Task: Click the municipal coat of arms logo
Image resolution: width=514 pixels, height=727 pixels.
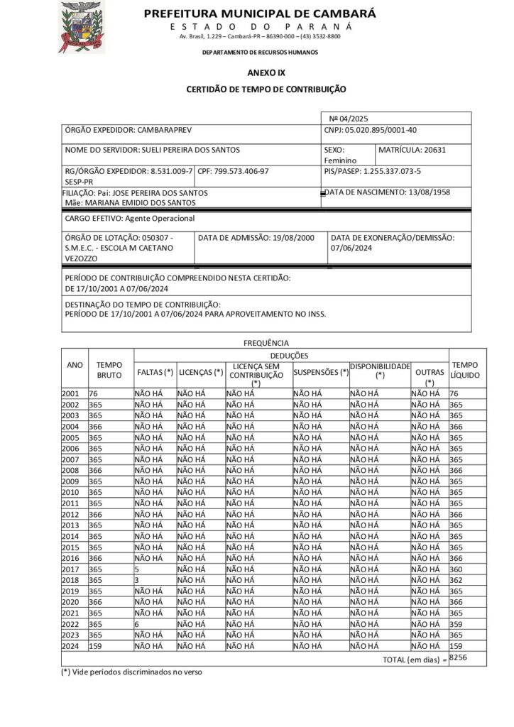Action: [x=81, y=26]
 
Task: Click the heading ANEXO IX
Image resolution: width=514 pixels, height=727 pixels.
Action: [x=266, y=72]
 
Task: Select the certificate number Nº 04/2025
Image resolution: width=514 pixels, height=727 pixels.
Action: [x=349, y=119]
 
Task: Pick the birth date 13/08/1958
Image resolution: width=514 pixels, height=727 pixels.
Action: [x=425, y=192]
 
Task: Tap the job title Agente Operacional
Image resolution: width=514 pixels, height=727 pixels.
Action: [x=159, y=219]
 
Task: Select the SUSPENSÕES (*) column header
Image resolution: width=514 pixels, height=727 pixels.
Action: [x=321, y=372]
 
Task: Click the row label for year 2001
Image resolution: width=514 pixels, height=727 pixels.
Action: [x=71, y=393]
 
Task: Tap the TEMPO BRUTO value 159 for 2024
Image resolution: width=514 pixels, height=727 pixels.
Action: [x=96, y=646]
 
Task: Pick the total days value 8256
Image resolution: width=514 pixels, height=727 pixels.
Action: [x=459, y=658]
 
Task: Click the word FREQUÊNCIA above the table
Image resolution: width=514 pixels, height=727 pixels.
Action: [x=266, y=343]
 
